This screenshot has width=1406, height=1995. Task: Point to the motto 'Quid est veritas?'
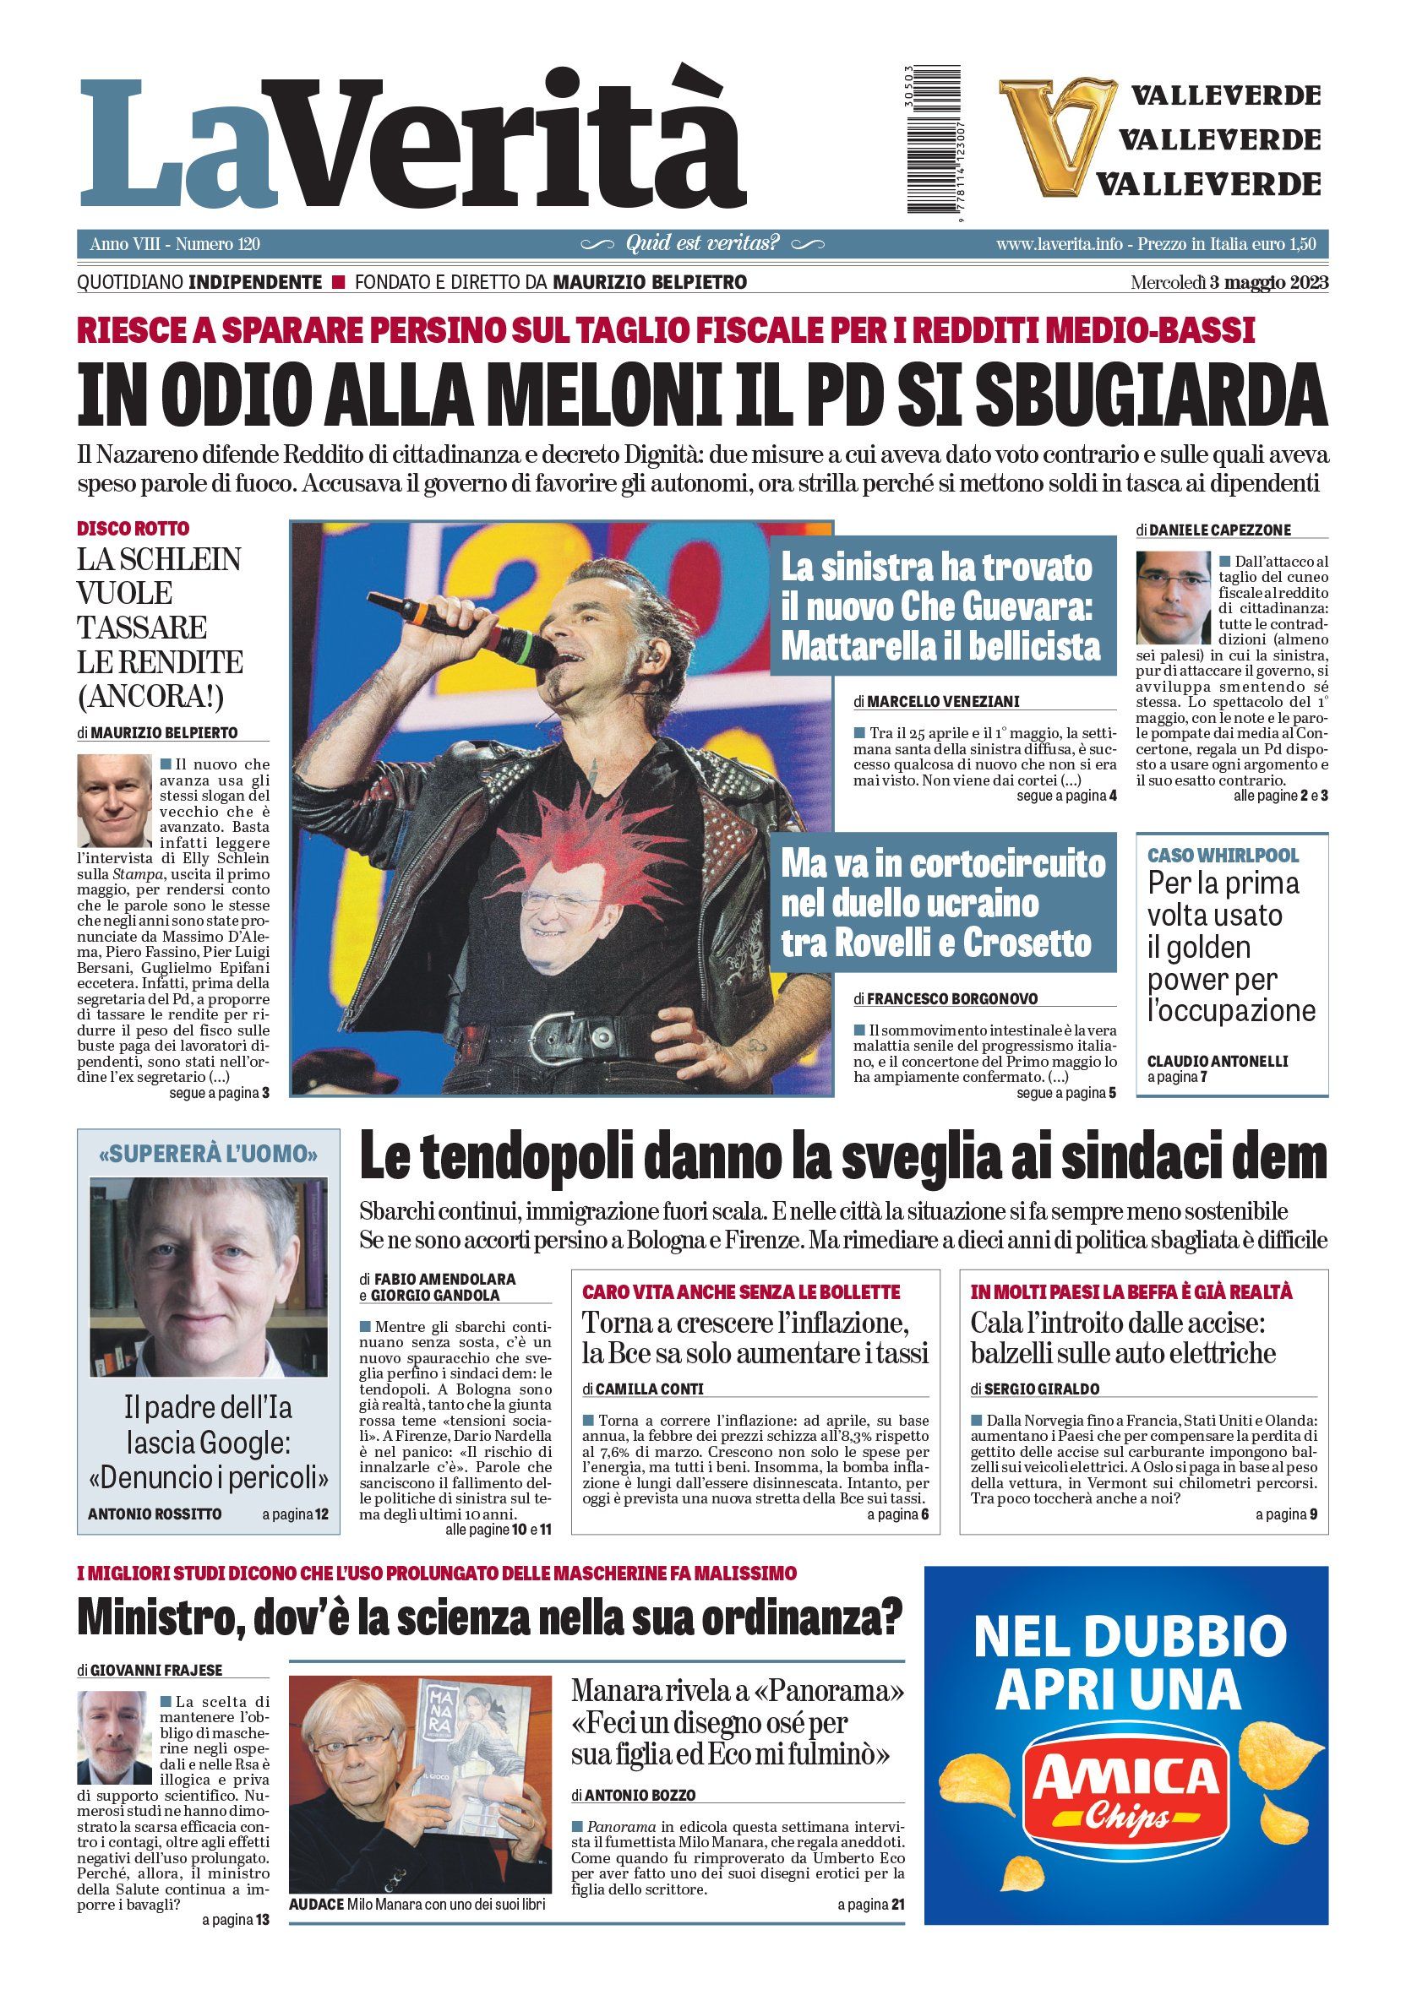702,243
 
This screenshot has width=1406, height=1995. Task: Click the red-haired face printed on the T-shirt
553,904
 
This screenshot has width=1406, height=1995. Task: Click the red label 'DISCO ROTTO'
133,528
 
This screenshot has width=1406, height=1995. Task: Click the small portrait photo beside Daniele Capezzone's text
1173,597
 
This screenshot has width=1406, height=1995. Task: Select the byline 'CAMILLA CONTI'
647,1389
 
